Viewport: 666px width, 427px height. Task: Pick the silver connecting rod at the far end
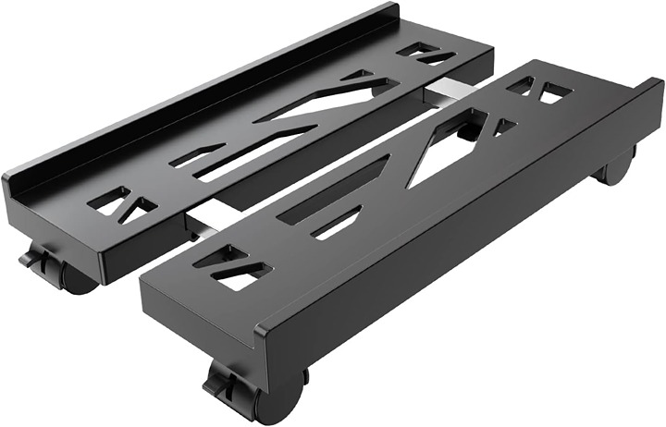[442, 89]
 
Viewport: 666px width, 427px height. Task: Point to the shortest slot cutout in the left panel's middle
[195, 154]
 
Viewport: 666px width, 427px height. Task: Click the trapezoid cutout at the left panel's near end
[116, 201]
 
